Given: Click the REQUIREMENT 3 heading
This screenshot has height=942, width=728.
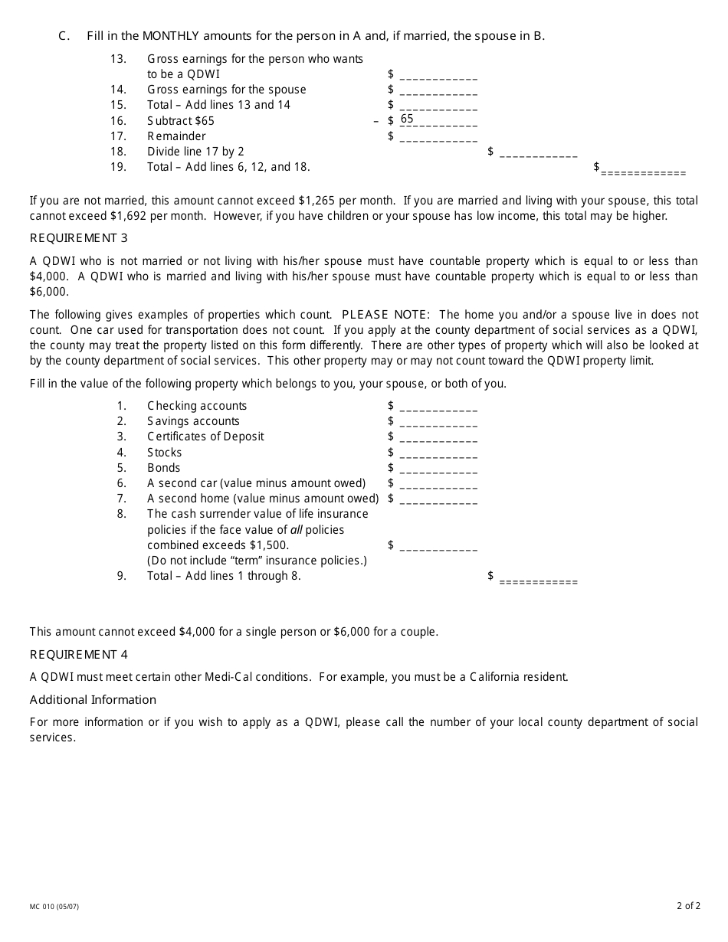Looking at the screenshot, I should (79, 238).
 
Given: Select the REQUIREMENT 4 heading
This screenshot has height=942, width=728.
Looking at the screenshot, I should (79, 654).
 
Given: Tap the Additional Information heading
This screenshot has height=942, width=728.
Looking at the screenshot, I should (93, 699).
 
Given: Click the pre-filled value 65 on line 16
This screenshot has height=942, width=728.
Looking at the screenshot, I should (407, 119).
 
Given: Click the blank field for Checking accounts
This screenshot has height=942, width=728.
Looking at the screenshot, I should (438, 407).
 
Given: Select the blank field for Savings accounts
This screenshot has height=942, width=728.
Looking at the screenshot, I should (438, 422).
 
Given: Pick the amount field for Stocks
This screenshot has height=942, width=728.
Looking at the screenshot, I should (438, 453).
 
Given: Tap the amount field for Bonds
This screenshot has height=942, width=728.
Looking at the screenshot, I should (438, 469).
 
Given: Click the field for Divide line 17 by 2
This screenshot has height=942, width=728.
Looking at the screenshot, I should (538, 152).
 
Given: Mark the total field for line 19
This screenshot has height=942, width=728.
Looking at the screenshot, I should (643, 170).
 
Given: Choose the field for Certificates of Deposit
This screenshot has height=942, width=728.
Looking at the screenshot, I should (438, 437).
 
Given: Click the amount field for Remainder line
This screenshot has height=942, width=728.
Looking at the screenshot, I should (438, 137).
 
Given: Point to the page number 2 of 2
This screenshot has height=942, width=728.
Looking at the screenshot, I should (688, 906).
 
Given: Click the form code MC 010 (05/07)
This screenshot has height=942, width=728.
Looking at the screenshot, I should (54, 907).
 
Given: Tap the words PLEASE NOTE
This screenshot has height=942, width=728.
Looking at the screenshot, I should (387, 315).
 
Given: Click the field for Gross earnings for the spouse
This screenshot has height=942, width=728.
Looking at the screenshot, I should (438, 90).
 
